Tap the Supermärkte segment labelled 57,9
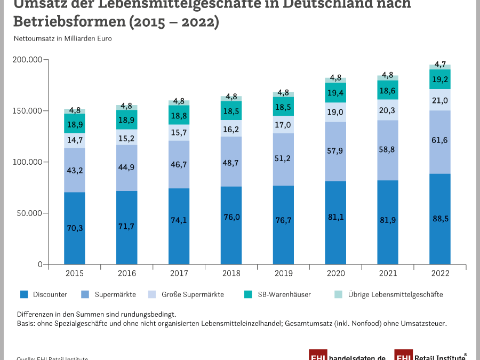(336, 151)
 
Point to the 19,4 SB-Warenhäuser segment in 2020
(336, 93)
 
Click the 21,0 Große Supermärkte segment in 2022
(440, 100)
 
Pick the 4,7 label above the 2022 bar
(440, 65)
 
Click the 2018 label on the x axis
(231, 274)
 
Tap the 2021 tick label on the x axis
(388, 274)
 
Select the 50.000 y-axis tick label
(27, 213)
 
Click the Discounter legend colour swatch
(24, 294)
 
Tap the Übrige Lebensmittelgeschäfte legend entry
(395, 294)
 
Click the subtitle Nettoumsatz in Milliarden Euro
(63, 38)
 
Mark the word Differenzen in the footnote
(36, 314)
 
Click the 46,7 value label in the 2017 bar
(179, 165)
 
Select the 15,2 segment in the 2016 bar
(127, 138)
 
